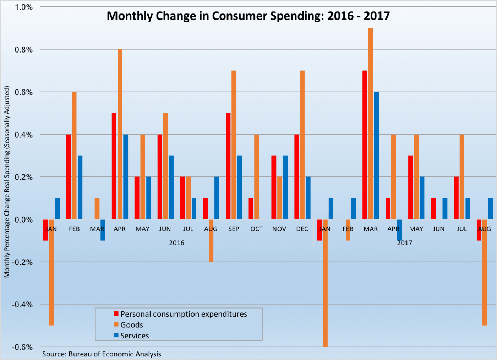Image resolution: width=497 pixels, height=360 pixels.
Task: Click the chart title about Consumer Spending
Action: point(248,16)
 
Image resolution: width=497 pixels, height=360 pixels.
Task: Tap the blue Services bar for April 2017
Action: point(399,230)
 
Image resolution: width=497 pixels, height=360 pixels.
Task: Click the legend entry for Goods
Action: point(131,325)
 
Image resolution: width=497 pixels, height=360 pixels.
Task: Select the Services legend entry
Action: point(134,336)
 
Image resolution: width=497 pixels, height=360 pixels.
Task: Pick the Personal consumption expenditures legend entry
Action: point(183,314)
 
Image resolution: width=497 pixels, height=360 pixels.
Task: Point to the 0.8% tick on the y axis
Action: point(24,50)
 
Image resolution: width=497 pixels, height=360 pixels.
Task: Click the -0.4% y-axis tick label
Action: point(22,305)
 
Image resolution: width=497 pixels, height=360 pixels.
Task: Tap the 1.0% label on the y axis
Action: point(24,7)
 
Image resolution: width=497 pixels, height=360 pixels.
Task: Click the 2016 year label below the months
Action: point(176,243)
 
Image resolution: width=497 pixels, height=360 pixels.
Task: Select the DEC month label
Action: point(302,229)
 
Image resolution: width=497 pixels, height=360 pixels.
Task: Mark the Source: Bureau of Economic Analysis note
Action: point(102,354)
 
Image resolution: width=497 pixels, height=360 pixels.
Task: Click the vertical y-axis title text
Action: point(7,182)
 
